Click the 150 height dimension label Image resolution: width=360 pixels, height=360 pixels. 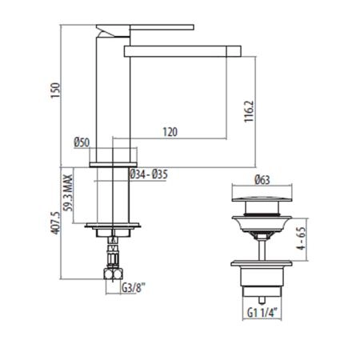55,90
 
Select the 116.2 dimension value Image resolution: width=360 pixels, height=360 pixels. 249,111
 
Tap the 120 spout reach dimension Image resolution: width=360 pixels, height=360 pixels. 170,132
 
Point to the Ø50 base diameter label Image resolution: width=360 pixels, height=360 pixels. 82,142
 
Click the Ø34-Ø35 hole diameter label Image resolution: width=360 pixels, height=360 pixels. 149,174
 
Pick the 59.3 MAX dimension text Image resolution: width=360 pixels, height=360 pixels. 68,193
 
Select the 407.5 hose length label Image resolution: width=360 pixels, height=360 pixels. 55,223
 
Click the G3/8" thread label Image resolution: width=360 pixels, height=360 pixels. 134,288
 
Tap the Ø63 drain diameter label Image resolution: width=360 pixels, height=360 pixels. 262,180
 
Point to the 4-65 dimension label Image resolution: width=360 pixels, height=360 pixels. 301,238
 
